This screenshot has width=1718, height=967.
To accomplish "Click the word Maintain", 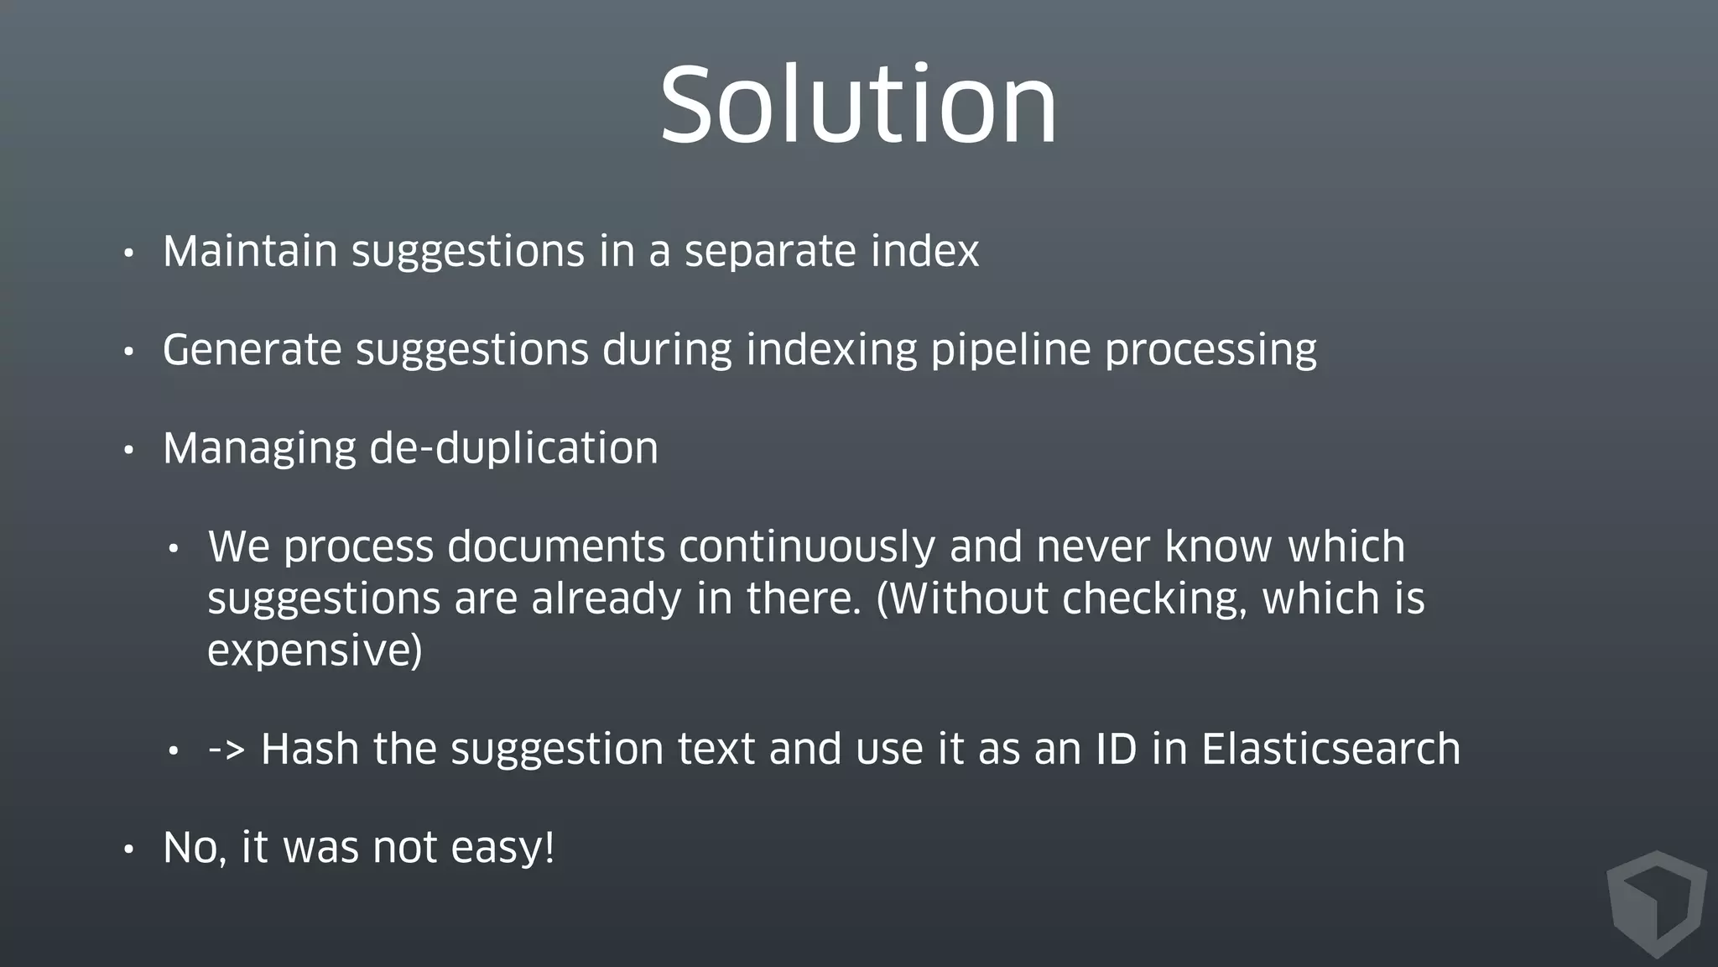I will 249,251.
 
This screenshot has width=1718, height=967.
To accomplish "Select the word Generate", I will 252,350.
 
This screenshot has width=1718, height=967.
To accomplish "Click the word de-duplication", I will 513,448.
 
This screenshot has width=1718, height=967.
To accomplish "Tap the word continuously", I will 806,547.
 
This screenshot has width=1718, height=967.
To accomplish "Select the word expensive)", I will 315,651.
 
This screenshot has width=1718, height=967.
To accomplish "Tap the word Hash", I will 310,749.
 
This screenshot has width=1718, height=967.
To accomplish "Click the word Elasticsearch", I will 1330,749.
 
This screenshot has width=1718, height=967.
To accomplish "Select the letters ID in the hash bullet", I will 1116,749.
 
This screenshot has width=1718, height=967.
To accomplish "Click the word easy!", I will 502,848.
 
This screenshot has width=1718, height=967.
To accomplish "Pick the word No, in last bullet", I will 195,848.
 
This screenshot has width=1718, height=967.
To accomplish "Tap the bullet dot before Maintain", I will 128,254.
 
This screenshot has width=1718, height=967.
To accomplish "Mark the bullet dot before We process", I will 174,550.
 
